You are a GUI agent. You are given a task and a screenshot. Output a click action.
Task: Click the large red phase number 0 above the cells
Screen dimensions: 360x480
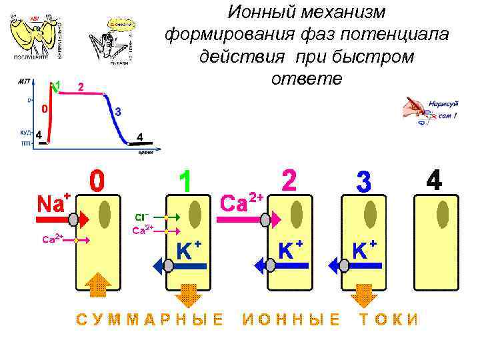tap(97, 181)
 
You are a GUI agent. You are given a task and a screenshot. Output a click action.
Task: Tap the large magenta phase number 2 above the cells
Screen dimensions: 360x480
tap(289, 180)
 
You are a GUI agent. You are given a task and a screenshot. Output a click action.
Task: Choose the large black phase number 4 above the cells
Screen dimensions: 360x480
tap(434, 180)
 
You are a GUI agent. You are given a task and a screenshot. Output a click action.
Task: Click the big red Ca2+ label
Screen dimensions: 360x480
tap(242, 202)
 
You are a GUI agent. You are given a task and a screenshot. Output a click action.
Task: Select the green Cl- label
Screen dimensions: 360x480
tap(141, 217)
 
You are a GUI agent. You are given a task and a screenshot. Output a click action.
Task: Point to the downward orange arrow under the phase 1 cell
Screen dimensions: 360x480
tap(189, 294)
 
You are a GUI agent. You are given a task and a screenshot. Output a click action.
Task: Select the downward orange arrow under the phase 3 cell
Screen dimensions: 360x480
tap(363, 294)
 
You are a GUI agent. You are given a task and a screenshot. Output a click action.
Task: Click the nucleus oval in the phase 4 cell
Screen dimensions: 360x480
tap(442, 215)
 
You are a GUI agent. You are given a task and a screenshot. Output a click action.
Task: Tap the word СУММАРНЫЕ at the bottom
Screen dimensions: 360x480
tap(149, 319)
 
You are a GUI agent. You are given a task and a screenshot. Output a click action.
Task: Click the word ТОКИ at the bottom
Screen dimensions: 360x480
tap(389, 319)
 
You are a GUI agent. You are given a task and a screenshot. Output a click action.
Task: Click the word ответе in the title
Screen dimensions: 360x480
tap(306, 79)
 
